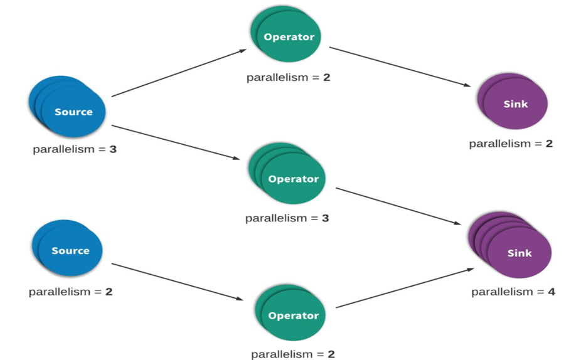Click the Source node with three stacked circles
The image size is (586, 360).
pos(67,107)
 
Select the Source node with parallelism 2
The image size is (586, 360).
pos(67,248)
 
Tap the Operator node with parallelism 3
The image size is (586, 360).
pos(287,173)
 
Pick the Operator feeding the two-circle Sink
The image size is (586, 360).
pos(286,34)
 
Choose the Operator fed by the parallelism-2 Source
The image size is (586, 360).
pos(290,312)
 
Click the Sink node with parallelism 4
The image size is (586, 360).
pos(510,245)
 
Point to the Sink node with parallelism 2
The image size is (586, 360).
pos(513,101)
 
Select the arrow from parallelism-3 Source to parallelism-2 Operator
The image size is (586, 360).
pos(179,73)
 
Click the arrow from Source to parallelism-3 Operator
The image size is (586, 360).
pos(176,142)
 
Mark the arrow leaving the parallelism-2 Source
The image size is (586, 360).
pos(177,282)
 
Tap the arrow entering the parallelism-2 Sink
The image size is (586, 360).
pos(400,67)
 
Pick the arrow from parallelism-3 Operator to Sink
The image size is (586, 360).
pos(398,206)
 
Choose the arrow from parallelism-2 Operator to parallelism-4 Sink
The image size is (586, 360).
pos(405,288)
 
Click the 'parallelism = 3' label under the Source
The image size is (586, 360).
pos(75,149)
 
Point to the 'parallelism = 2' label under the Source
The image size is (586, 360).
pos(71,292)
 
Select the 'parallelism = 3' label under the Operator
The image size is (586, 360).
pos(287,218)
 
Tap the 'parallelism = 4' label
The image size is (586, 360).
pos(513,292)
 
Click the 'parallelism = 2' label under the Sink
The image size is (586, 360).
pos(511,144)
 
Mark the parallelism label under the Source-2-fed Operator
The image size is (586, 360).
pos(293,354)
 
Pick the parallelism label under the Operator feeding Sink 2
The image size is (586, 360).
pos(289,78)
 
